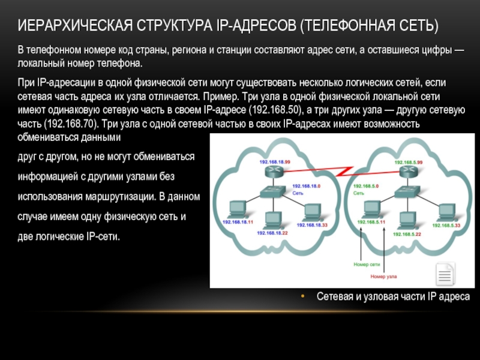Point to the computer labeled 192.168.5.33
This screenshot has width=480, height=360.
pyautogui.click(x=445, y=211)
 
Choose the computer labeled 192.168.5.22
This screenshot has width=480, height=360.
pyautogui.click(x=408, y=220)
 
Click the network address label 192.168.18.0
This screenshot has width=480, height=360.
pyautogui.click(x=306, y=187)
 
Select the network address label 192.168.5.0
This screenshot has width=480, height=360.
pyautogui.click(x=366, y=187)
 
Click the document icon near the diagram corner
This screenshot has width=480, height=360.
pyautogui.click(x=445, y=277)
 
